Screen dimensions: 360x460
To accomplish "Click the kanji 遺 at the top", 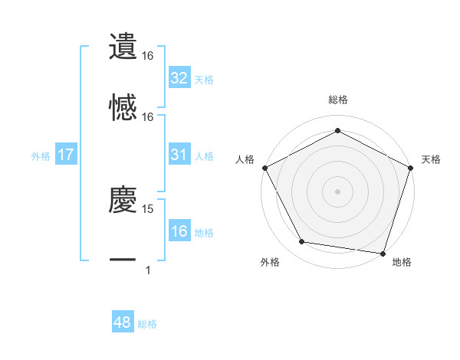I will pos(123,46).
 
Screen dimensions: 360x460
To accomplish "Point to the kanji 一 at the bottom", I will pos(123,261).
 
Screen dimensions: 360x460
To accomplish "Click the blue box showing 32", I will pos(179,78).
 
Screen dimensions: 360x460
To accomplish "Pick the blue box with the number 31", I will pos(179,155).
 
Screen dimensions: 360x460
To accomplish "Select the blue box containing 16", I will pos(179,232).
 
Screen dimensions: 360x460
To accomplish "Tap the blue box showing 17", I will pos(66,155).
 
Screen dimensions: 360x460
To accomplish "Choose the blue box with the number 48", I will pos(123,323).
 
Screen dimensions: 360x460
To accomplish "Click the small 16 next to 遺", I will pos(148,56).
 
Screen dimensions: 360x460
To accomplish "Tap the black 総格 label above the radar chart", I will pos(338,100).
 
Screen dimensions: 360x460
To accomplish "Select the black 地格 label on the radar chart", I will pos(402,262).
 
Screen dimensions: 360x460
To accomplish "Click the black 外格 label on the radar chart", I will pos(270,262).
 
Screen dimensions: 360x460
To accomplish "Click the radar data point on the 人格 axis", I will pos(264,167).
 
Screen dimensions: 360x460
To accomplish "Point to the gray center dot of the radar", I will pos(338,191).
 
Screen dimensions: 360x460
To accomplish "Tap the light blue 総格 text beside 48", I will pos(147,324).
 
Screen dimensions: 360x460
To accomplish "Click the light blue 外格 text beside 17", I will pos(41,155).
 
